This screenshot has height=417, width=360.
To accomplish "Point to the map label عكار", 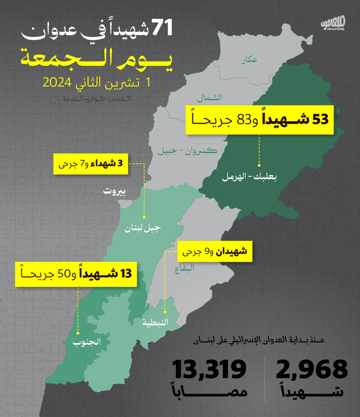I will (x=249, y=60).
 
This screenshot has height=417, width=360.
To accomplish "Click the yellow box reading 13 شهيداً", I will (x=75, y=274).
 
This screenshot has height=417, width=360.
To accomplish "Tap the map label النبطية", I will (x=155, y=322).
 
